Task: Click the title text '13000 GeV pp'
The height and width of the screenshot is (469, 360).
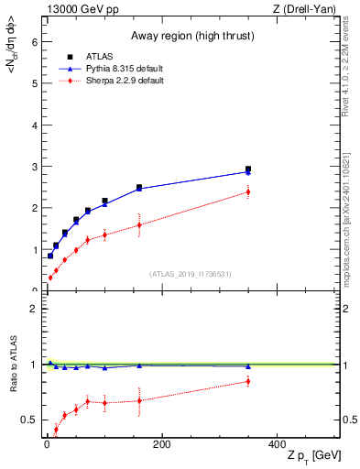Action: pyautogui.click(x=80, y=8)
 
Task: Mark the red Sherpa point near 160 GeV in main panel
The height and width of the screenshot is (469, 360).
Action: pyautogui.click(x=139, y=224)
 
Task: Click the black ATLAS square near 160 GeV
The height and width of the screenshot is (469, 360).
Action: pyautogui.click(x=139, y=188)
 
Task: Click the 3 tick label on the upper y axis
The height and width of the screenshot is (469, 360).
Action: pyautogui.click(x=34, y=167)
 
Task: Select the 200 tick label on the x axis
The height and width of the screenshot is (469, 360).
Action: pyautogui.click(x=161, y=444)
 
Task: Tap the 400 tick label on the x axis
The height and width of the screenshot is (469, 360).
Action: pyautogui.click(x=277, y=444)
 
